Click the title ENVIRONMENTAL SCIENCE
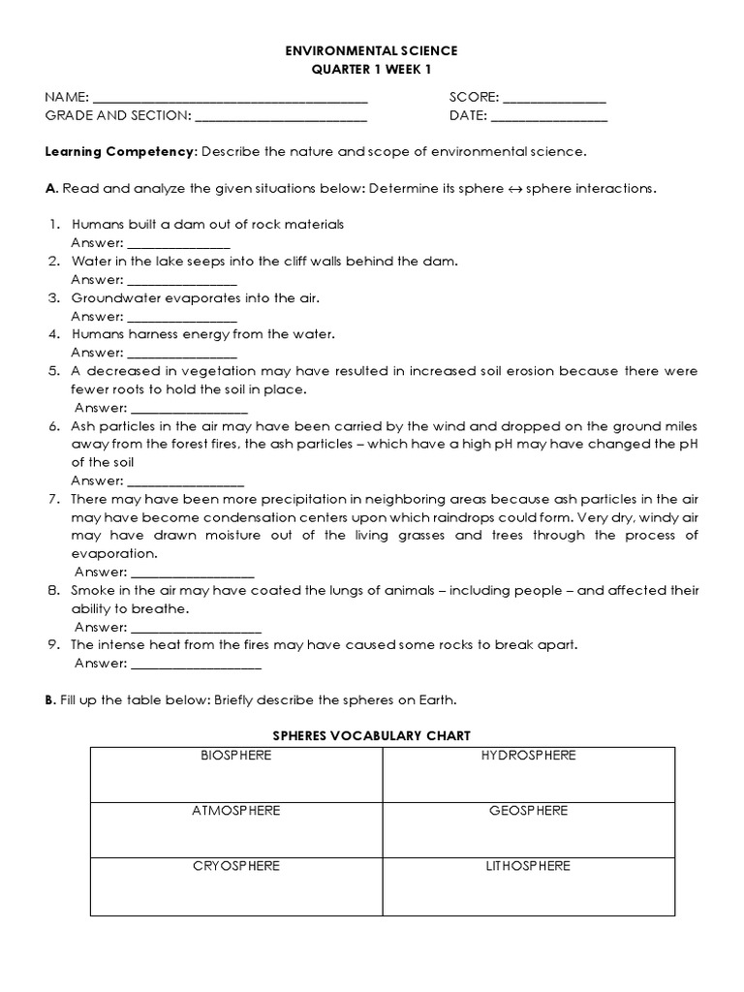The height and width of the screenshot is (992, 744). tap(372, 49)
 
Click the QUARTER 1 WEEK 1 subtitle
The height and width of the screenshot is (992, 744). tap(372, 69)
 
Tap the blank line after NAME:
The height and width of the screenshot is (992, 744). tap(230, 99)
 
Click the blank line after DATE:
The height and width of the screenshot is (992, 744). tap(549, 117)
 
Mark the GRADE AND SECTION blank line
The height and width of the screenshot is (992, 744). tap(281, 117)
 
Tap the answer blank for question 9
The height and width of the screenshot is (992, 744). tap(195, 665)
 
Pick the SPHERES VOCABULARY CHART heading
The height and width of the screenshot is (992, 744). tap(372, 736)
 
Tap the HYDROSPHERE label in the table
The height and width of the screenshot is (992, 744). tap(528, 756)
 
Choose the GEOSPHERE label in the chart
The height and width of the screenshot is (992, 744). tap(528, 811)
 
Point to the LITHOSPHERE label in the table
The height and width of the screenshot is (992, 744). tap(528, 866)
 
